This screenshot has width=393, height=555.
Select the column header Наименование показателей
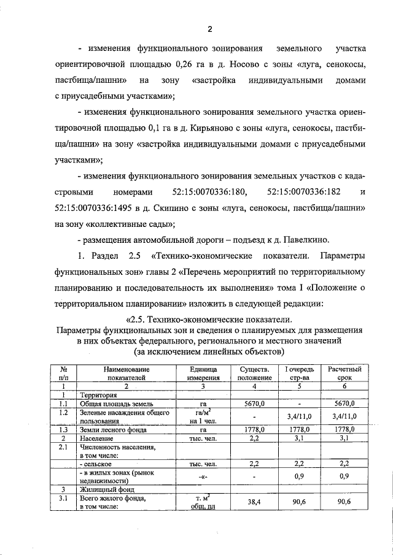(127, 374)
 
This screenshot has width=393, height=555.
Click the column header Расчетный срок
(344, 374)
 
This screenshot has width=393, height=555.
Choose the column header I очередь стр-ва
(299, 374)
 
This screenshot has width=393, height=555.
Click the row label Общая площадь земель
(114, 405)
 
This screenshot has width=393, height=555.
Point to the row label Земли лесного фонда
(112, 431)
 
